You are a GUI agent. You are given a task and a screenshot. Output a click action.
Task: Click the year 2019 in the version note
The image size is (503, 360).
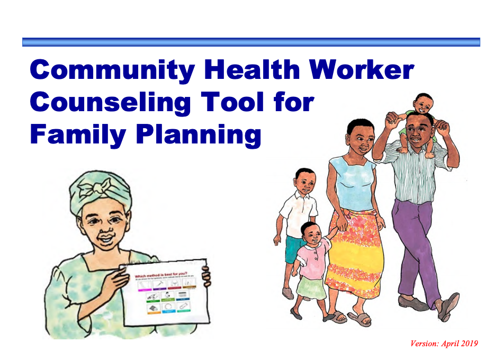click(468, 344)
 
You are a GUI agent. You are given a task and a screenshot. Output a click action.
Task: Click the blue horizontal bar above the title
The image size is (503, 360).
click(251, 42)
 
